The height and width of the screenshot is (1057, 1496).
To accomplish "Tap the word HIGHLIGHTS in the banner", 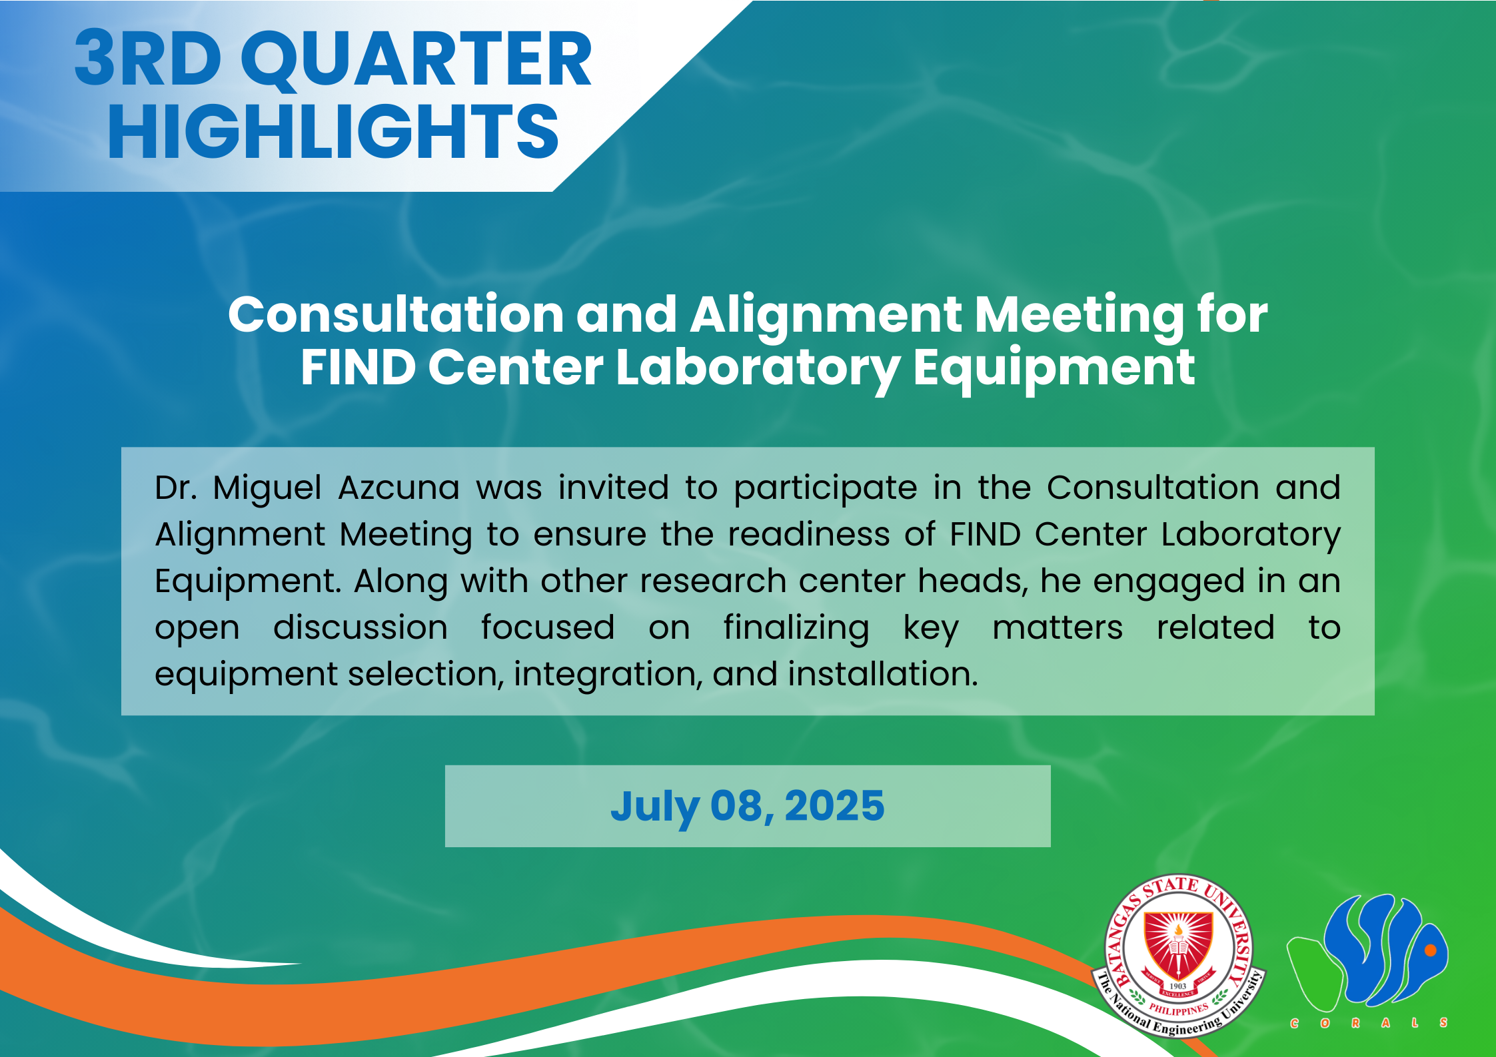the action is (x=333, y=132).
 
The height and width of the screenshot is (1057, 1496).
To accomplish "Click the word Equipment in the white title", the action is (x=1054, y=370).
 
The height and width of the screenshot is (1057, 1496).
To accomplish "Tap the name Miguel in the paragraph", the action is (x=267, y=489).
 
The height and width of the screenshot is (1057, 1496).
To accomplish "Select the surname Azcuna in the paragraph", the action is (x=399, y=488).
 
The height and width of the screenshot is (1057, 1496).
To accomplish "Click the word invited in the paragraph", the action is (x=613, y=488).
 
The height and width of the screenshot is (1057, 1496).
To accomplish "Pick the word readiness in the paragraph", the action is (x=808, y=534).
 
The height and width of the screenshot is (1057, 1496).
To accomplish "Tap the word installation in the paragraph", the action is (x=883, y=674).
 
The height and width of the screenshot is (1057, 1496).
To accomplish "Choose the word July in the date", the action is (x=655, y=808).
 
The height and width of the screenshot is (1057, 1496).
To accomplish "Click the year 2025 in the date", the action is (x=834, y=806).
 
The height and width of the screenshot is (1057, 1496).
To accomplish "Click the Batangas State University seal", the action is (x=1178, y=956).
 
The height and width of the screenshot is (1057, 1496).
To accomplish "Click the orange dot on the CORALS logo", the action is (x=1430, y=950).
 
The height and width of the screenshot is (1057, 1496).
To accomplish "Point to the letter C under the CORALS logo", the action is (x=1294, y=1023).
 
